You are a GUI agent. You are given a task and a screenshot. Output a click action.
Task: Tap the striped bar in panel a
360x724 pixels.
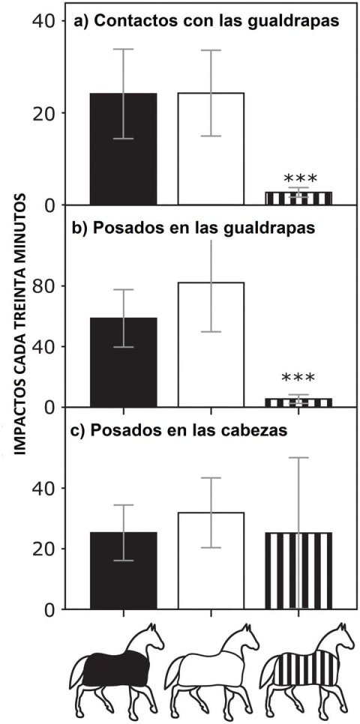[x=298, y=198]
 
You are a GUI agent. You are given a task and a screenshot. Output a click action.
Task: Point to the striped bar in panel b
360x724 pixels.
[x=298, y=402]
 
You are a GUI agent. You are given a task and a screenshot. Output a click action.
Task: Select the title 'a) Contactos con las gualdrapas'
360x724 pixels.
[x=205, y=22]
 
